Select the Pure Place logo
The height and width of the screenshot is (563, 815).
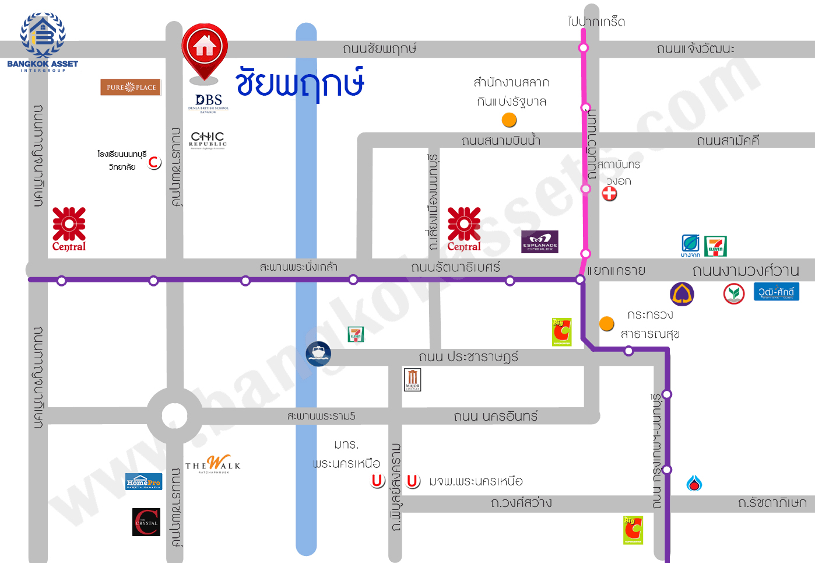click(131, 88)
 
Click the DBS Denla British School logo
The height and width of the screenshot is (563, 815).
click(208, 103)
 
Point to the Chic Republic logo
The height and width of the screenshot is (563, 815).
click(208, 140)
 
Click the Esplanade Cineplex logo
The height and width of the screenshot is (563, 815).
click(539, 242)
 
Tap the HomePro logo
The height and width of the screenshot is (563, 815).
click(143, 482)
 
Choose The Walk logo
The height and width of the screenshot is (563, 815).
click(213, 464)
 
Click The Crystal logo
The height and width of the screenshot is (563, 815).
click(146, 522)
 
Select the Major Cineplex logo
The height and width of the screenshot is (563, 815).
click(412, 379)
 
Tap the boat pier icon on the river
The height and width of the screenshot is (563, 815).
click(318, 353)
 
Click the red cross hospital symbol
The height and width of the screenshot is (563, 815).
click(609, 194)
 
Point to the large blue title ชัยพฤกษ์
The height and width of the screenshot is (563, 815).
click(300, 83)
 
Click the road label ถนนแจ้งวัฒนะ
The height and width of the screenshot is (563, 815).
click(695, 48)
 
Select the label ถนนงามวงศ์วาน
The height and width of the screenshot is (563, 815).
click(745, 271)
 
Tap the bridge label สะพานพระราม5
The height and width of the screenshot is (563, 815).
click(321, 416)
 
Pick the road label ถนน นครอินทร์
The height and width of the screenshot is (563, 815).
click(496, 416)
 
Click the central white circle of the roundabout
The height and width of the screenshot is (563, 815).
click(174, 416)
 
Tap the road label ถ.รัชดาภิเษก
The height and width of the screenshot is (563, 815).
click(772, 503)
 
